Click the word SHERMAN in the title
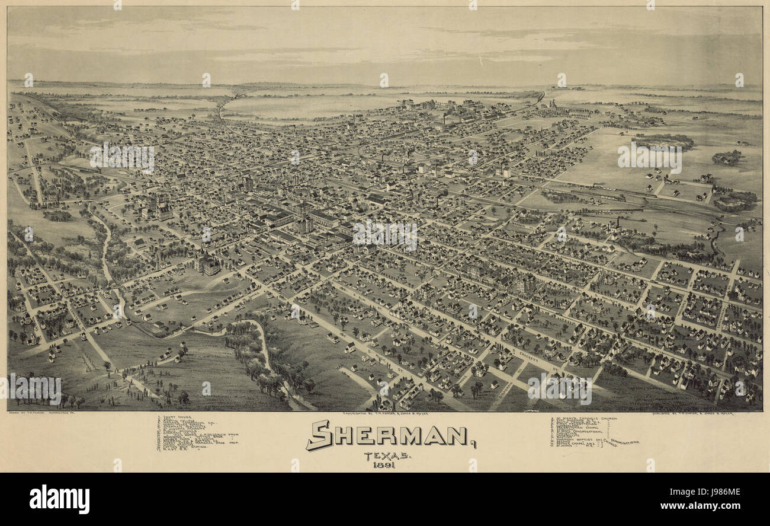tap(388, 436)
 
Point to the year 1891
tap(384, 464)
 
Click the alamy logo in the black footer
tap(59, 499)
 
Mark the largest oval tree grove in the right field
tap(663, 141)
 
